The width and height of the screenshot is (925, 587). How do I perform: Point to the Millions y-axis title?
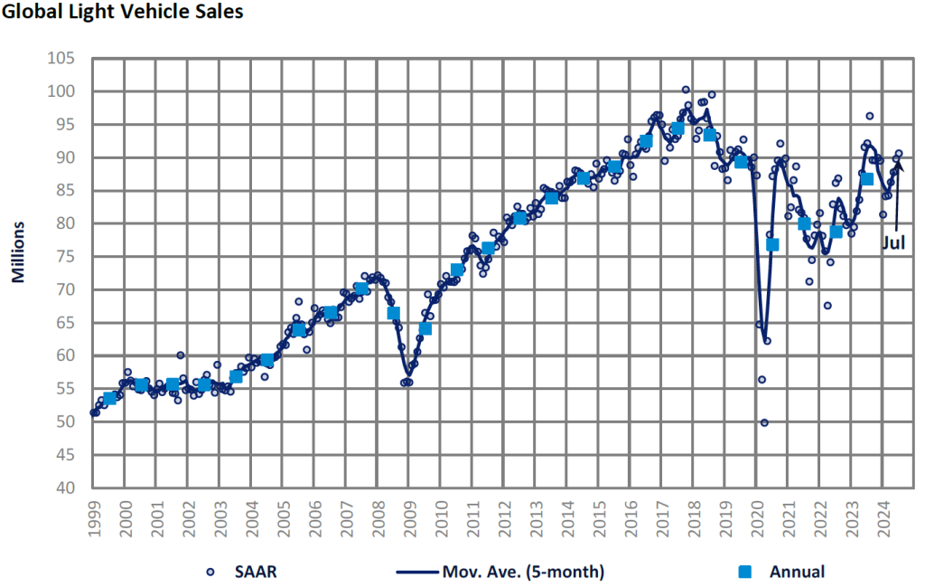click(17, 250)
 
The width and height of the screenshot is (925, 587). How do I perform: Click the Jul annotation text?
click(893, 241)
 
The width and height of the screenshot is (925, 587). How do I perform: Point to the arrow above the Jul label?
click(897, 194)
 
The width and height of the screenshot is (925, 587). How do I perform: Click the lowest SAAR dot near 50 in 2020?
click(764, 422)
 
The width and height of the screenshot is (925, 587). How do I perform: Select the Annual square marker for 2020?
click(772, 245)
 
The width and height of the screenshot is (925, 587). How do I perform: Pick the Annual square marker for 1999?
click(110, 399)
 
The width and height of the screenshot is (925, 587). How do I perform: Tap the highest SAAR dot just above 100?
click(686, 90)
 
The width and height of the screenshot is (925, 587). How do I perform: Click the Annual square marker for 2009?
click(425, 328)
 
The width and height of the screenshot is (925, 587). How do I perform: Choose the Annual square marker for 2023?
click(867, 179)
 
